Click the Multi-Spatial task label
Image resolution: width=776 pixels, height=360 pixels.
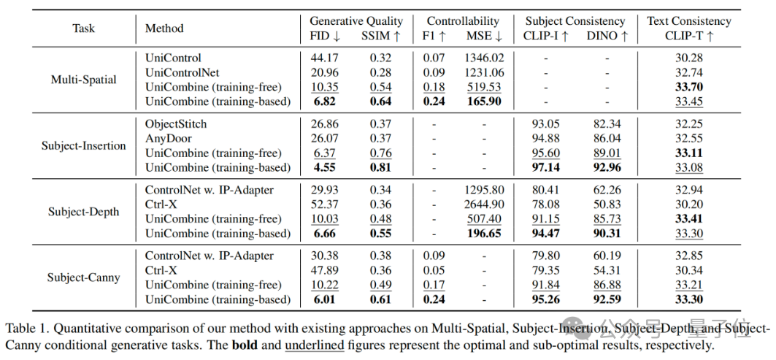click(x=83, y=80)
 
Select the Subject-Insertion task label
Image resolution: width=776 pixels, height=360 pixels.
click(x=83, y=145)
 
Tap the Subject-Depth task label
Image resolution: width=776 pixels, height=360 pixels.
click(x=83, y=212)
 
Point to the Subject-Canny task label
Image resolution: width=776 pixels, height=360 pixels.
click(x=83, y=277)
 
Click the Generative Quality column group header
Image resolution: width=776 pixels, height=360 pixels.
click(x=356, y=21)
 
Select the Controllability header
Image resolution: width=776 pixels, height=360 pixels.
click(x=463, y=21)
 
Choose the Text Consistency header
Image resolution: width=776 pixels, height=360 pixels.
click(x=688, y=21)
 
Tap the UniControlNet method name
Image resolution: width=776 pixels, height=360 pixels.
click(x=182, y=72)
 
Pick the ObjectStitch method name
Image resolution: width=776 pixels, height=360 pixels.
click(x=176, y=123)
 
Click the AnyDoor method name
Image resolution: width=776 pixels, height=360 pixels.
click(x=169, y=139)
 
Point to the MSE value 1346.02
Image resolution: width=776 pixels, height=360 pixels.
click(x=483, y=58)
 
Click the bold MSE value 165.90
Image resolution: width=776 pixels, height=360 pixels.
click(x=483, y=102)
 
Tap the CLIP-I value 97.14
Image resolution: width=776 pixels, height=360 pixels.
click(x=546, y=168)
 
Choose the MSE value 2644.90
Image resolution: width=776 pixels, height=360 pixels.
click(x=483, y=204)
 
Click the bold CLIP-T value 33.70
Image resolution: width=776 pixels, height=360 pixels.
click(x=689, y=87)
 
